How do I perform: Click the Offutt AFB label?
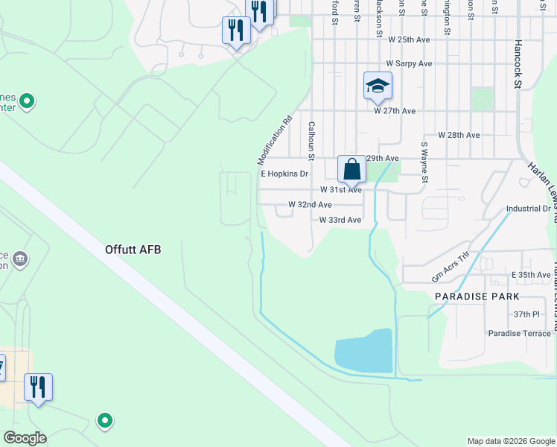click(x=133, y=250)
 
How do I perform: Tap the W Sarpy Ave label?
click(x=409, y=64)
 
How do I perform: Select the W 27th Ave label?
click(x=395, y=111)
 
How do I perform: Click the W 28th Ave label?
click(x=459, y=135)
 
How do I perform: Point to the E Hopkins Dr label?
click(x=284, y=174)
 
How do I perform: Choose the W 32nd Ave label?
click(x=310, y=204)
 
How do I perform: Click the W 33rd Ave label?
click(x=340, y=220)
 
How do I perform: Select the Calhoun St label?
click(x=312, y=141)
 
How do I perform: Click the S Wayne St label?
click(x=424, y=163)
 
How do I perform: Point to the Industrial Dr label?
click(x=528, y=209)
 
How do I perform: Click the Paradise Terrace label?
click(x=519, y=333)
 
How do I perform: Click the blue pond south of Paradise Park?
click(x=363, y=351)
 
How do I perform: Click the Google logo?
click(x=25, y=438)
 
